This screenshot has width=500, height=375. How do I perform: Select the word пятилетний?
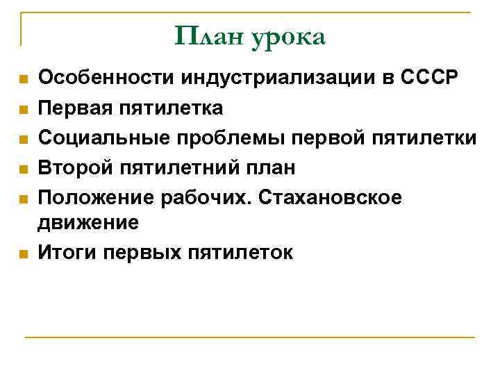[185, 168]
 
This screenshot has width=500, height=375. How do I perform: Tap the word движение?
[89, 222]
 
